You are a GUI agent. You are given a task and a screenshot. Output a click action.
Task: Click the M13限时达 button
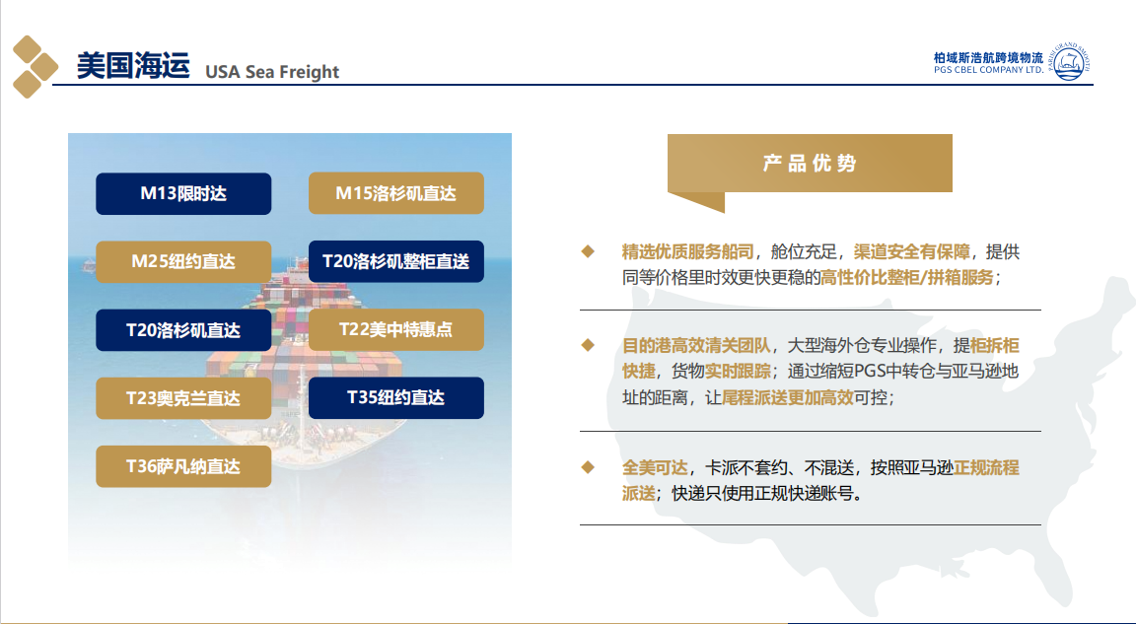[183, 193]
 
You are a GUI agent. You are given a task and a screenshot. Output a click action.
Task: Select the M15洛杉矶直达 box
[396, 193]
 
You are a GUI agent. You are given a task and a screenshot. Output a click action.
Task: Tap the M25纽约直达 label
[183, 261]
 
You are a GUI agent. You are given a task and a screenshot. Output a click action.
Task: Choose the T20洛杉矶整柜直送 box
[396, 261]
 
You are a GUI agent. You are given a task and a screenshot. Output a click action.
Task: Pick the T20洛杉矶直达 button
[183, 330]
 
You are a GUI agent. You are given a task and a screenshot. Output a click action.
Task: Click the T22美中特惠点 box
[396, 329]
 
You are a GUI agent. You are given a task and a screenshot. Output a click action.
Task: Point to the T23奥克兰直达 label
[183, 398]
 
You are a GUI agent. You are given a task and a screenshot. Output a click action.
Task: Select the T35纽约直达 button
[396, 397]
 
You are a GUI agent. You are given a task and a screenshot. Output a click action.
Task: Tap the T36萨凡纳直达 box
[183, 466]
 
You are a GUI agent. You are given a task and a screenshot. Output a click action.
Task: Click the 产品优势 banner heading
[810, 163]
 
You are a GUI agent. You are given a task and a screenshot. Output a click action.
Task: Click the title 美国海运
[133, 66]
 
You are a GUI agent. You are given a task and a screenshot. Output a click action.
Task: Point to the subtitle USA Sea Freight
[272, 72]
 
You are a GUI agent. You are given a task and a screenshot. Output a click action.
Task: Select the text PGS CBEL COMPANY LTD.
[989, 70]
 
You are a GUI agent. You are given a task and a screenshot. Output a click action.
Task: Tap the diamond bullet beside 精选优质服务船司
[588, 251]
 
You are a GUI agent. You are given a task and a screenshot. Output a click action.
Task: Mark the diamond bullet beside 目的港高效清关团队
[588, 345]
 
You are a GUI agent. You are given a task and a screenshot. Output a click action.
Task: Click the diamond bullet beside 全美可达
[588, 467]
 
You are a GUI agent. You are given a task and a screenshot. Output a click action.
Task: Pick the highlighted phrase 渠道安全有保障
[911, 252]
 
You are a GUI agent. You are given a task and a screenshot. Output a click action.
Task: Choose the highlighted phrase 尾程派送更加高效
[788, 397]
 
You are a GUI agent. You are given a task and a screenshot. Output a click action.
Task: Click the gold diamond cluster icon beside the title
[35, 67]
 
